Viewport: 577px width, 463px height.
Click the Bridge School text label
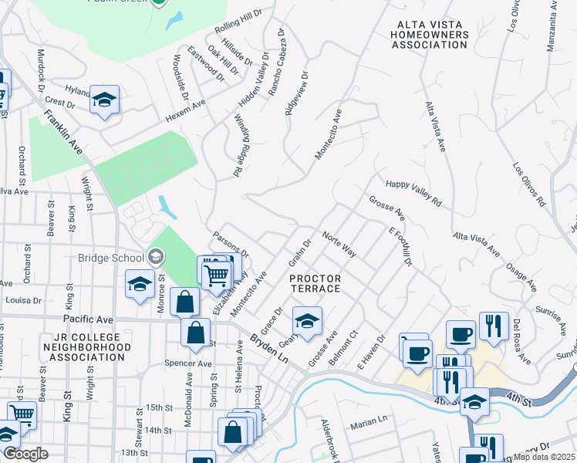click(x=111, y=258)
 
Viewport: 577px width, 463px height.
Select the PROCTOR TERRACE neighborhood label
click(x=314, y=282)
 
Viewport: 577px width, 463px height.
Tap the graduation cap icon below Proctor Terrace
click(x=307, y=320)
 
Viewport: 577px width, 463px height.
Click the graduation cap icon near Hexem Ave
click(x=104, y=100)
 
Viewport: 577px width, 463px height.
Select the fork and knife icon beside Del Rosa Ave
click(x=491, y=324)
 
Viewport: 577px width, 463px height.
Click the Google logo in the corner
click(x=25, y=454)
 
